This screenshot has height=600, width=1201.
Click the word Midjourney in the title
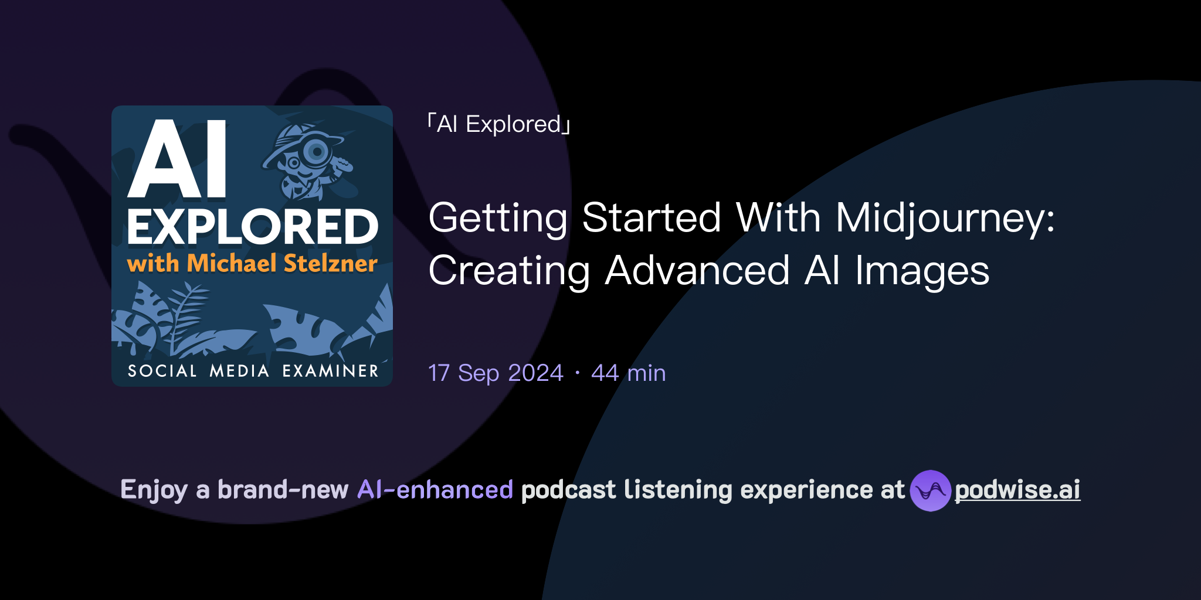click(x=944, y=218)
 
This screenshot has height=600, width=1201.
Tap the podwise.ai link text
click(x=1017, y=490)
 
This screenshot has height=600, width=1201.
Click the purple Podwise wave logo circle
click(x=930, y=490)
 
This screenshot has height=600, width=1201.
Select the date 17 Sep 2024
click(x=496, y=373)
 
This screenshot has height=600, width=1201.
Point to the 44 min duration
click(x=628, y=373)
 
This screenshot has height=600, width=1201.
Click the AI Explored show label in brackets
click(x=498, y=124)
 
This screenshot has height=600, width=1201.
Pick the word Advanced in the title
click(x=697, y=271)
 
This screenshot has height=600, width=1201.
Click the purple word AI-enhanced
click(x=435, y=490)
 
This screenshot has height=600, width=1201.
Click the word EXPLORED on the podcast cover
click(x=253, y=227)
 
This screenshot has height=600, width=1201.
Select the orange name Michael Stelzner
click(x=282, y=264)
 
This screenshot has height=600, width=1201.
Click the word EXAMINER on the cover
click(x=330, y=371)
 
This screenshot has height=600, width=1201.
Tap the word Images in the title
click(x=922, y=271)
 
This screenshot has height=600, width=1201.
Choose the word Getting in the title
click(x=498, y=218)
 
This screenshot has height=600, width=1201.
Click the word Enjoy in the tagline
click(x=154, y=490)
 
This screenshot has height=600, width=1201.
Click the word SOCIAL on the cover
click(x=162, y=371)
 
